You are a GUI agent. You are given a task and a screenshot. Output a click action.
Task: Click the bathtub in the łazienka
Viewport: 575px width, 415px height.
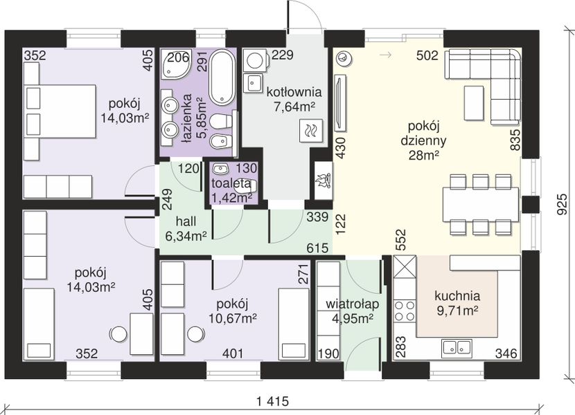pos(222,77)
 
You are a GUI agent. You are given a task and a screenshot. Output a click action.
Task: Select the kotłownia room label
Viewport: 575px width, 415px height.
pos(294,92)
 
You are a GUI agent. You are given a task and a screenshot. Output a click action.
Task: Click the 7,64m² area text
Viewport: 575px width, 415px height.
pos(294,107)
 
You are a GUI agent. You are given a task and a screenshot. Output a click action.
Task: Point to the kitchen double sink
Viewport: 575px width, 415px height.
pos(457,347)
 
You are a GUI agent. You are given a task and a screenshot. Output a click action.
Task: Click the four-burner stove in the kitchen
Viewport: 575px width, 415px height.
pos(405,311)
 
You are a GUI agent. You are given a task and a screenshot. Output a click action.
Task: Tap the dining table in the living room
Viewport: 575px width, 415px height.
pos(481,204)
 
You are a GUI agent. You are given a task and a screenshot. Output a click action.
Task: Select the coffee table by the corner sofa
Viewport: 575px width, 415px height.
pos(473,102)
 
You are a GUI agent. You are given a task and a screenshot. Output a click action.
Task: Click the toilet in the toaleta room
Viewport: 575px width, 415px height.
pos(246,187)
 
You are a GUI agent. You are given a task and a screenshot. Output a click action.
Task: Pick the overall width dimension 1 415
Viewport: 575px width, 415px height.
pos(272,401)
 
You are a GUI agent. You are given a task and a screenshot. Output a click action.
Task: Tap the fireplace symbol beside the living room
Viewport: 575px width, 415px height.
pos(324,181)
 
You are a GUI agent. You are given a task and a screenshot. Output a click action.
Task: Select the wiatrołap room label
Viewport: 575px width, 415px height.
pos(353,304)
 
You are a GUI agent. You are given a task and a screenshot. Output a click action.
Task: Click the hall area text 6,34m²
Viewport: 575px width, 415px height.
pos(186,237)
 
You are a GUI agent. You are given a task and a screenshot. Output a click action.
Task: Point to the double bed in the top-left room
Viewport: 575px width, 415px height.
pos(60,111)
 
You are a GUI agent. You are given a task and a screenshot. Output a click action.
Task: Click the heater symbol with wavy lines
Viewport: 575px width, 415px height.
pos(311,131)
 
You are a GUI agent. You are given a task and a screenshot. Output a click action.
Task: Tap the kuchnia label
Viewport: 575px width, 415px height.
pos(457,295)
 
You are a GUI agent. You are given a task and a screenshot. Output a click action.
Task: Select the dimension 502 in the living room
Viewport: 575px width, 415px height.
pos(427,55)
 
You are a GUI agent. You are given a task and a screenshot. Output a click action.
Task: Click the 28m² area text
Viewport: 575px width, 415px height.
pos(424,156)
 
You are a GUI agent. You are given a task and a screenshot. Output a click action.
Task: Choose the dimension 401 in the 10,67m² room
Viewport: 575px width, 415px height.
pos(233,353)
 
